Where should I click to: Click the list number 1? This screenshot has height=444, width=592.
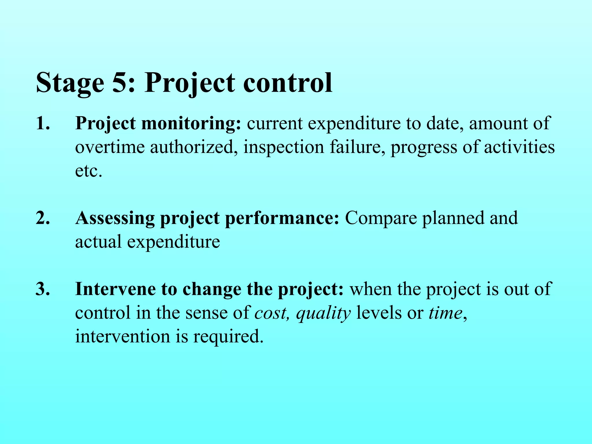(42, 123)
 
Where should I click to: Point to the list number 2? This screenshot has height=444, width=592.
(43, 218)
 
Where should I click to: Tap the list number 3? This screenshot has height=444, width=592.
(43, 289)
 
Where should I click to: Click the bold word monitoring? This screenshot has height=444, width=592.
(191, 124)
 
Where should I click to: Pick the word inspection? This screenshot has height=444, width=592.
(284, 147)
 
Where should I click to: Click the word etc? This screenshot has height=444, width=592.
(88, 171)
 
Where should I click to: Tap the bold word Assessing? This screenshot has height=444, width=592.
(115, 219)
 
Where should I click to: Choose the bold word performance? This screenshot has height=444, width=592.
(282, 219)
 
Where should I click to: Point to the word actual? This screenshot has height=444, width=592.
(98, 242)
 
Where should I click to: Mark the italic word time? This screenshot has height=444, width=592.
(445, 313)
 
